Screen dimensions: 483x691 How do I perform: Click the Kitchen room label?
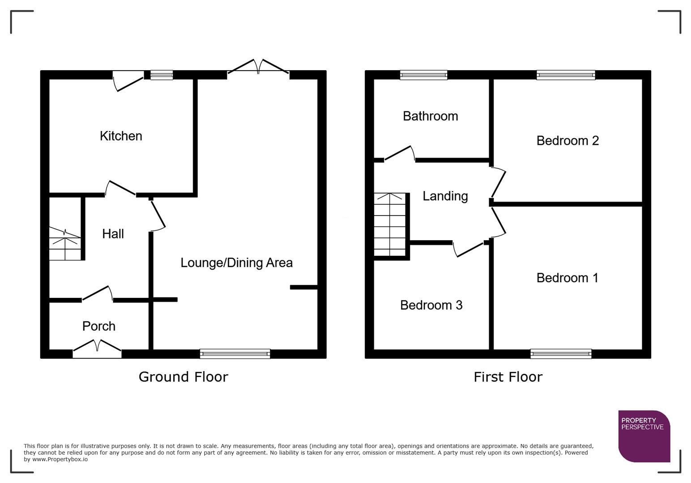pyautogui.click(x=121, y=136)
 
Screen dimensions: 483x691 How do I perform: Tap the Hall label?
pyautogui.click(x=113, y=233)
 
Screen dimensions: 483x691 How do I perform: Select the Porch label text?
pyautogui.click(x=99, y=326)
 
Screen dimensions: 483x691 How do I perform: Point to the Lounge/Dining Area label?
pyautogui.click(x=236, y=263)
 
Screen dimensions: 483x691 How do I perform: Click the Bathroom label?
pyautogui.click(x=430, y=116)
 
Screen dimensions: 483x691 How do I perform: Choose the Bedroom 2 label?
pyautogui.click(x=567, y=140)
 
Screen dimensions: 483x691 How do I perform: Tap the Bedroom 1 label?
pyautogui.click(x=567, y=278)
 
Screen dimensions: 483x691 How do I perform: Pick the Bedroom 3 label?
pyautogui.click(x=431, y=305)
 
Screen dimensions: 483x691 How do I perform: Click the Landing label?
pyautogui.click(x=445, y=196)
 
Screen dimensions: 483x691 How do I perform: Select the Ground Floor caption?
pyautogui.click(x=183, y=377)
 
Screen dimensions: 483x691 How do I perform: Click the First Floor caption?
pyautogui.click(x=508, y=377)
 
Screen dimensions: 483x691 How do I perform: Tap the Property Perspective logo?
pyautogui.click(x=644, y=436)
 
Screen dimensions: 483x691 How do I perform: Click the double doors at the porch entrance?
pyautogui.click(x=97, y=349)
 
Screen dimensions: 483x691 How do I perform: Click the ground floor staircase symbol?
pyautogui.click(x=65, y=244)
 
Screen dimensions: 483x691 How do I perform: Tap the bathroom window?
pyautogui.click(x=423, y=75)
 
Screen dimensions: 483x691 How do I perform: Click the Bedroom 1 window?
pyautogui.click(x=561, y=354)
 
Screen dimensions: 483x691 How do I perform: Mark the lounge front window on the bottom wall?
pyautogui.click(x=235, y=354)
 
